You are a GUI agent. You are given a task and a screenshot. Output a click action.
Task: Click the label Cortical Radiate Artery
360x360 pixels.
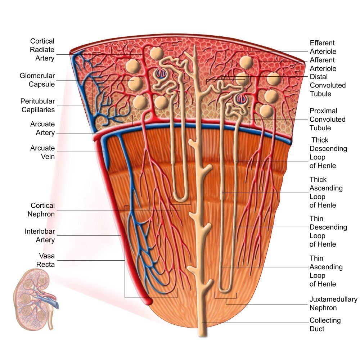[x=42, y=50]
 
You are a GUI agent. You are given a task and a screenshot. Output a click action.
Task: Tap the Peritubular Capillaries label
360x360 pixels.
[x=38, y=105]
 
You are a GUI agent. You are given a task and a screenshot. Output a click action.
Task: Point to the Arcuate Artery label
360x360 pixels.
[x=42, y=129]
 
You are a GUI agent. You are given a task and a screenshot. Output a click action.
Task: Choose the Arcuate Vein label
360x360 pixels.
[x=42, y=152]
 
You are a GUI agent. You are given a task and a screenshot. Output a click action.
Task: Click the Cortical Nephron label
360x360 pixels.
[x=41, y=210]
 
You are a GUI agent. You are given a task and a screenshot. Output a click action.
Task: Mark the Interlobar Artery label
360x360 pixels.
[x=40, y=235]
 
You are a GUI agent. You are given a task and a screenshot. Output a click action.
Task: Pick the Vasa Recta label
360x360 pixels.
[x=45, y=260]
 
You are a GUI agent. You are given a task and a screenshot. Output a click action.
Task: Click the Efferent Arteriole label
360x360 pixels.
[x=322, y=47]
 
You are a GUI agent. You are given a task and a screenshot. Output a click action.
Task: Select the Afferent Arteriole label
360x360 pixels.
[x=323, y=64]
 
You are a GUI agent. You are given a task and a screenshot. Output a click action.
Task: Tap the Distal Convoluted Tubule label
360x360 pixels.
[x=328, y=85]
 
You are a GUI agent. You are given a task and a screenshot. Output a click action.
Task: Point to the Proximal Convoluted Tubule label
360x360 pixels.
[x=327, y=119]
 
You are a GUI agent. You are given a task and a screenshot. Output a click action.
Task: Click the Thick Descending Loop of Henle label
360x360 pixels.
[x=328, y=153]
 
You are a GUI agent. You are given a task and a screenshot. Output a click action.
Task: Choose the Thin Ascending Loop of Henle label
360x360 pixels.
[x=326, y=271]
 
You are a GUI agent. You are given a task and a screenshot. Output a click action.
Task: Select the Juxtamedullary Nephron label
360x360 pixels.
[x=333, y=303]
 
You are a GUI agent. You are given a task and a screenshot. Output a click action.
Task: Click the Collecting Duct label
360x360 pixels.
[x=325, y=324]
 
